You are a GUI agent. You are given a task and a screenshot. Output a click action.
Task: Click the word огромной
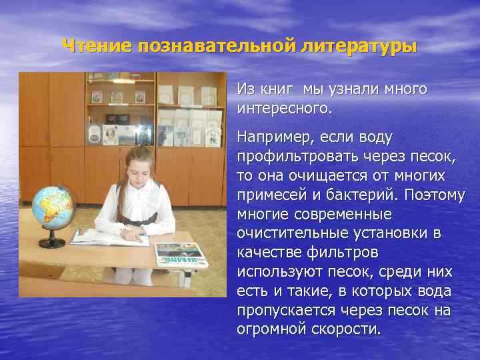pos(269,329)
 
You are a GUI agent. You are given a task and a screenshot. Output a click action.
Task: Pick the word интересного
pos(283,107)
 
